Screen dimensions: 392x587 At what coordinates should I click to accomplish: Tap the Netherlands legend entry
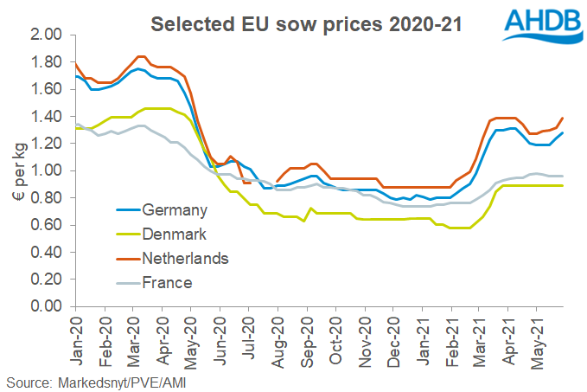click(185, 258)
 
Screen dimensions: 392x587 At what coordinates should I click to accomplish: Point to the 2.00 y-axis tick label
click(48, 35)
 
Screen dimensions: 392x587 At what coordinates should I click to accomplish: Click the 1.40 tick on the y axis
click(48, 116)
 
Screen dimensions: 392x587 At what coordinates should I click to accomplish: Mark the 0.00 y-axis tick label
click(48, 306)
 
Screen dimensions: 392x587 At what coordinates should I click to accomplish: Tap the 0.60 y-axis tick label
click(48, 225)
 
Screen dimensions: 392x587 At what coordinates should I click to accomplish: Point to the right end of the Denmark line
click(564, 185)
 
